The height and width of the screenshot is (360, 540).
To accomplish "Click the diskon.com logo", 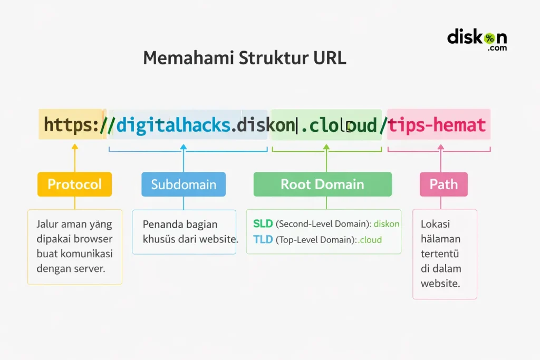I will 477,40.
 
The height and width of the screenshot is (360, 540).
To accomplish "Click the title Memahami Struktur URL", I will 244,58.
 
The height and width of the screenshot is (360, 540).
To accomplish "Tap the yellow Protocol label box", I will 74,184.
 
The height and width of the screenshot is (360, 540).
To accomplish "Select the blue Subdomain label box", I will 184,184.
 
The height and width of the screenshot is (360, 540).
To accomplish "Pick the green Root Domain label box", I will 322,184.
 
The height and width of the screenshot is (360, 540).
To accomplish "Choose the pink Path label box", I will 443,184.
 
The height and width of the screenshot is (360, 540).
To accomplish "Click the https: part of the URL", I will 72,125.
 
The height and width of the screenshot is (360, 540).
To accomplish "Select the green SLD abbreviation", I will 263,224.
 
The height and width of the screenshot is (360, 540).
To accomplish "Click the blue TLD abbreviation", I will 263,240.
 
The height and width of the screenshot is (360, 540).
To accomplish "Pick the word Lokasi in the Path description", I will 431,224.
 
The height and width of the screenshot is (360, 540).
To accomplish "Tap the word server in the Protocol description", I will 90,268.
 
